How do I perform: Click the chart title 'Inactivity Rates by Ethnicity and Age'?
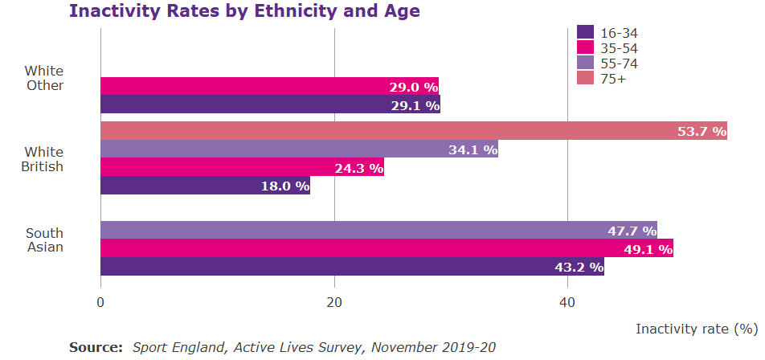coord(244,11)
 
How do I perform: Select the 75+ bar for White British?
coord(413,131)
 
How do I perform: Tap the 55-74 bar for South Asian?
coord(378,231)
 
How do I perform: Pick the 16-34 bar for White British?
coord(205,186)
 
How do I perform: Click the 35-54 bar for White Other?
coord(269,86)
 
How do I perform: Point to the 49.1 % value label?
coord(648,249)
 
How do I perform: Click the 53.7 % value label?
coord(702,132)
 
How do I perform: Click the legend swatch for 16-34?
coord(585,32)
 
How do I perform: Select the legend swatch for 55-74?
coord(585,63)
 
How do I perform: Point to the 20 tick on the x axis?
coord(334,303)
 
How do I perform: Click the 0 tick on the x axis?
coord(100,303)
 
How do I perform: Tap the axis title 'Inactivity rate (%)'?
coord(697,329)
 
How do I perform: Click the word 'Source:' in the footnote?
coord(96,347)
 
